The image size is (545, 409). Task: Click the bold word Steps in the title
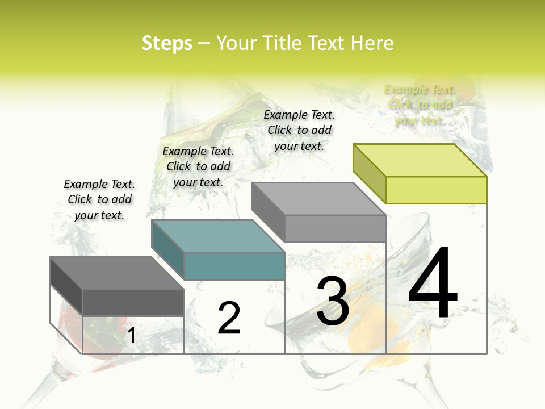167,43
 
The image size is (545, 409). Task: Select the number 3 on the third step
332,301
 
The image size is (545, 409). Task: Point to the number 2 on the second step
229,318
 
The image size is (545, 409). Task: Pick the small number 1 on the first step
131,336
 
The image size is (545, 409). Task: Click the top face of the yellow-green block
420,160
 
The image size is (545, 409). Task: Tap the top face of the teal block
217,236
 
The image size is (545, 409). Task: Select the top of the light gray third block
318,199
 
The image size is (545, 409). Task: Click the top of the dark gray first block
116,273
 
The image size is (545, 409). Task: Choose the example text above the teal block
198,166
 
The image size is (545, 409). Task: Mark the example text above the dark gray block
99,199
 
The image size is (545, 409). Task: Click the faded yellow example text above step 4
420,105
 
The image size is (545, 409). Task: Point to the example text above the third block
299,130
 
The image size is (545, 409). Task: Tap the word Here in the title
372,43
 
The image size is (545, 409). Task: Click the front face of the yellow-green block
436,190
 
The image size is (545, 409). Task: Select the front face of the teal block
234,266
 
